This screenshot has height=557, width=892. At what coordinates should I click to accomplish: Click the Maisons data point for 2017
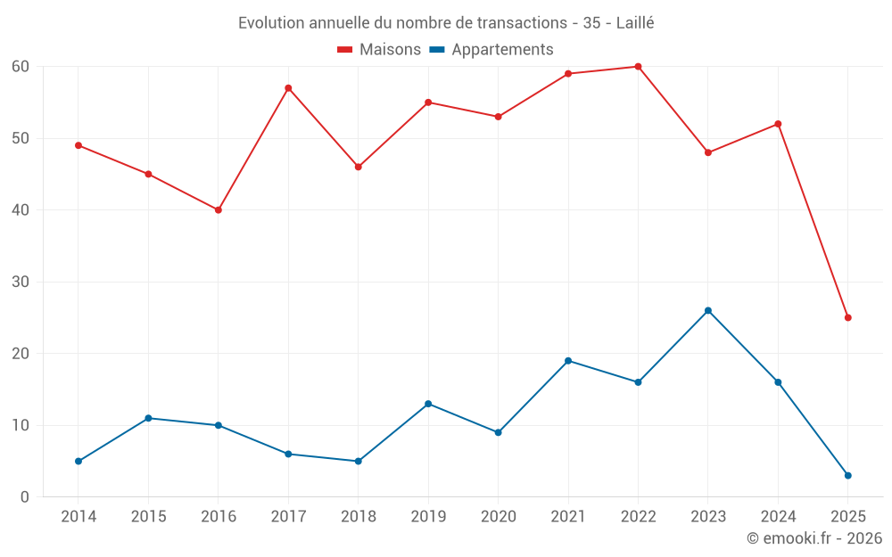click(x=288, y=88)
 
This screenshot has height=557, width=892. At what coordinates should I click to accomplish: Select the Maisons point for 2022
click(x=638, y=67)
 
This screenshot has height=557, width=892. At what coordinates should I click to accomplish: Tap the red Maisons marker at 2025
click(x=847, y=317)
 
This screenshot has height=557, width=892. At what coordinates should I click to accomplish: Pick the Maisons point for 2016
click(x=218, y=210)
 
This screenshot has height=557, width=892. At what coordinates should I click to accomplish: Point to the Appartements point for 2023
click(x=708, y=310)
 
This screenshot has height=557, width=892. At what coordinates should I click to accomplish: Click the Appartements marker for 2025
click(x=847, y=475)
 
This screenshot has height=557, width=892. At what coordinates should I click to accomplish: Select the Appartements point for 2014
click(x=78, y=461)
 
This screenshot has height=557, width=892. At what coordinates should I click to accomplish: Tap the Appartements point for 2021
click(x=568, y=361)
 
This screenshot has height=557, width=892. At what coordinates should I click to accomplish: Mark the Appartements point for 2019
click(x=428, y=404)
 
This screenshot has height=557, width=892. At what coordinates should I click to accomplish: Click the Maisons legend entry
click(x=379, y=50)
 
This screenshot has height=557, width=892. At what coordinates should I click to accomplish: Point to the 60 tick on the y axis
click(x=21, y=67)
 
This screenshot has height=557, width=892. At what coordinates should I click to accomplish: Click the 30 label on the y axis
click(x=21, y=282)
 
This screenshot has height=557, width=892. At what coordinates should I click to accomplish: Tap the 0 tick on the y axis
click(x=25, y=496)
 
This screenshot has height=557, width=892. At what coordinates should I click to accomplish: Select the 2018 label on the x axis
click(x=358, y=517)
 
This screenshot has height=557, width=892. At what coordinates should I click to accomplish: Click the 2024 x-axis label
click(x=778, y=517)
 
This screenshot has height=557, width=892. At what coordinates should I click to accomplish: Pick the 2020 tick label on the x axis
click(x=498, y=517)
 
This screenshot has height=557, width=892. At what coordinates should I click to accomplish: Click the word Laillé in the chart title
click(x=635, y=23)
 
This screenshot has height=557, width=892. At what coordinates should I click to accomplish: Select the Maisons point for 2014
click(x=78, y=145)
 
